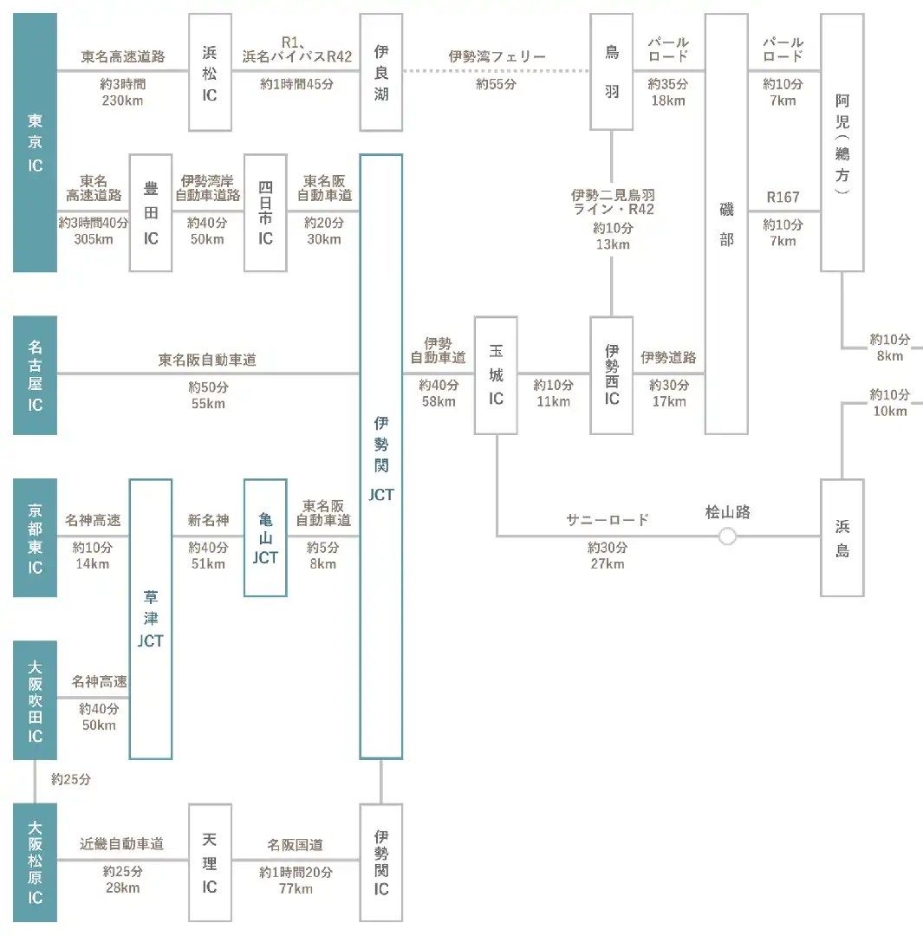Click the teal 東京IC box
pyautogui.click(x=36, y=143)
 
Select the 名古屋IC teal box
pyautogui.click(x=36, y=375)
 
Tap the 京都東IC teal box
pyautogui.click(x=36, y=538)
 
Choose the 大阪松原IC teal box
pyautogui.click(x=36, y=862)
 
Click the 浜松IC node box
pyautogui.click(x=210, y=72)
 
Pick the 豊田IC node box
pyautogui.click(x=151, y=213)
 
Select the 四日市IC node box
pyautogui.click(x=266, y=213)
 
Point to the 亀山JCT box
pyautogui.click(x=266, y=538)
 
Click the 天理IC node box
pyautogui.click(x=210, y=862)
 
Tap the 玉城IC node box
pyautogui.click(x=496, y=375)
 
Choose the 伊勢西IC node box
pyautogui.click(x=611, y=375)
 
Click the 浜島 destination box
pyautogui.click(x=842, y=538)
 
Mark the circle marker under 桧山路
pyautogui.click(x=727, y=536)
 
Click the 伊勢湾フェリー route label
pyautogui.click(x=497, y=56)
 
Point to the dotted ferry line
pyautogui.click(x=496, y=71)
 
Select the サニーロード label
pyautogui.click(x=608, y=520)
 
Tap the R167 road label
pyautogui.click(x=783, y=197)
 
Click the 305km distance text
pyautogui.click(x=94, y=239)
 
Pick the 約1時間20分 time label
pyautogui.click(x=296, y=872)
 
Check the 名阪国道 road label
pyautogui.click(x=296, y=845)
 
